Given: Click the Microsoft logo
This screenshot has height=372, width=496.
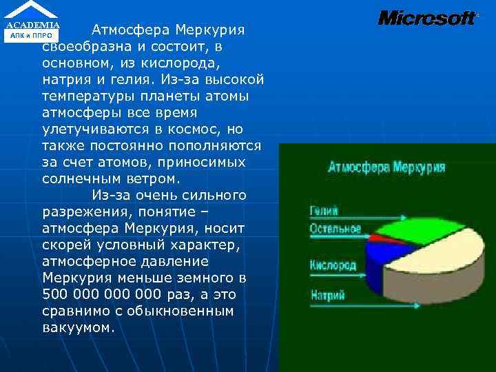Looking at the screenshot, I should (427, 18).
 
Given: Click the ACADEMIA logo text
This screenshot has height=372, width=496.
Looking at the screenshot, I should (33, 25).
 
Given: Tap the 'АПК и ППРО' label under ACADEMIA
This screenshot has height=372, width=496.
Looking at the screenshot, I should (33, 36).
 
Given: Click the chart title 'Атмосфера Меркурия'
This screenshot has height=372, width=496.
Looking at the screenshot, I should (386, 167).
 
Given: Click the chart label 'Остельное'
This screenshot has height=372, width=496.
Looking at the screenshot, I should (335, 229).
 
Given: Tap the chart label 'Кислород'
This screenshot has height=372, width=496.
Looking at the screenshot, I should (333, 265).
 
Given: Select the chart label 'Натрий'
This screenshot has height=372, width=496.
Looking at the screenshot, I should (327, 295).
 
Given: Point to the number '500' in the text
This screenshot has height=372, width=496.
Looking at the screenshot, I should (55, 295).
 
